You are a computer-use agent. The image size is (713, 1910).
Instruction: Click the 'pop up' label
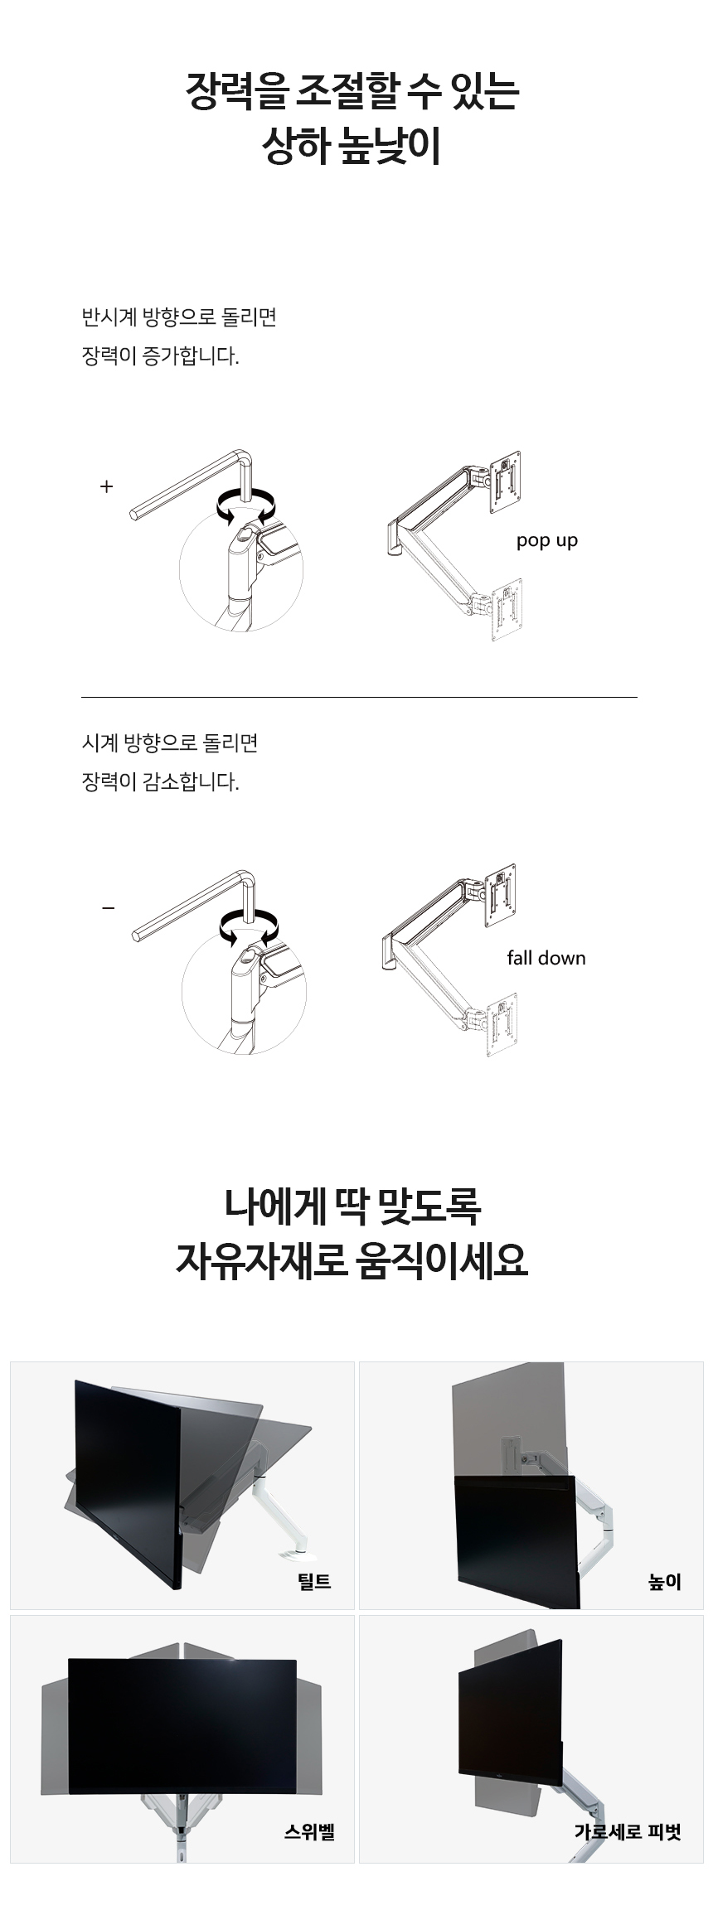546,541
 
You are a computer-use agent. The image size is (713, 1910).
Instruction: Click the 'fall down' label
546,958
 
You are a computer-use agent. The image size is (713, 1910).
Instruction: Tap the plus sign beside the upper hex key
106,486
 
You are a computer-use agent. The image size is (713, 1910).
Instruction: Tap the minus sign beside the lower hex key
108,908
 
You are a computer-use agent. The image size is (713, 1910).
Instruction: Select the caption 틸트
314,1581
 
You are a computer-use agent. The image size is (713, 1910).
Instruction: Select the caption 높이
664,1582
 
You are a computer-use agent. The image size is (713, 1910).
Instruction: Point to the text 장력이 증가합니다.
160,357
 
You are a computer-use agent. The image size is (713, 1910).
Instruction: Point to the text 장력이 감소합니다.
160,782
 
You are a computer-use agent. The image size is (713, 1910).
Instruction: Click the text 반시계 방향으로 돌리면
179,317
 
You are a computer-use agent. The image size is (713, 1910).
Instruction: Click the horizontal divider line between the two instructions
359,698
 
